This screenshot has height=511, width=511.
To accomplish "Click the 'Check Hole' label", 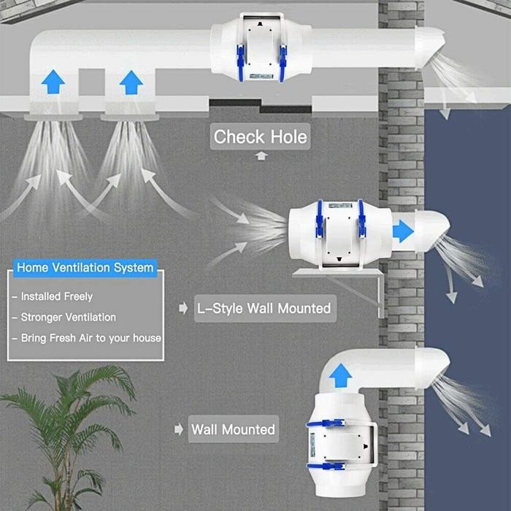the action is coord(260,137).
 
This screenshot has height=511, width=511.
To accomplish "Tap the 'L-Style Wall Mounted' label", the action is coord(264,308).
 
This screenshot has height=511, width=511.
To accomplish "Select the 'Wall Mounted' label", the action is coord(233,429).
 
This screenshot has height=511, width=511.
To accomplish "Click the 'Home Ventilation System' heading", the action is coord(85,267).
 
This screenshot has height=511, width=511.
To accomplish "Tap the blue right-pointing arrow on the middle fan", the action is coord(403,231).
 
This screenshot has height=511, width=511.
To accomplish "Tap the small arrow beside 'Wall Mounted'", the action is coord(178,430).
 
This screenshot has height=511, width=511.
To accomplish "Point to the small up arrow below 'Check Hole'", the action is coord(261,155).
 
